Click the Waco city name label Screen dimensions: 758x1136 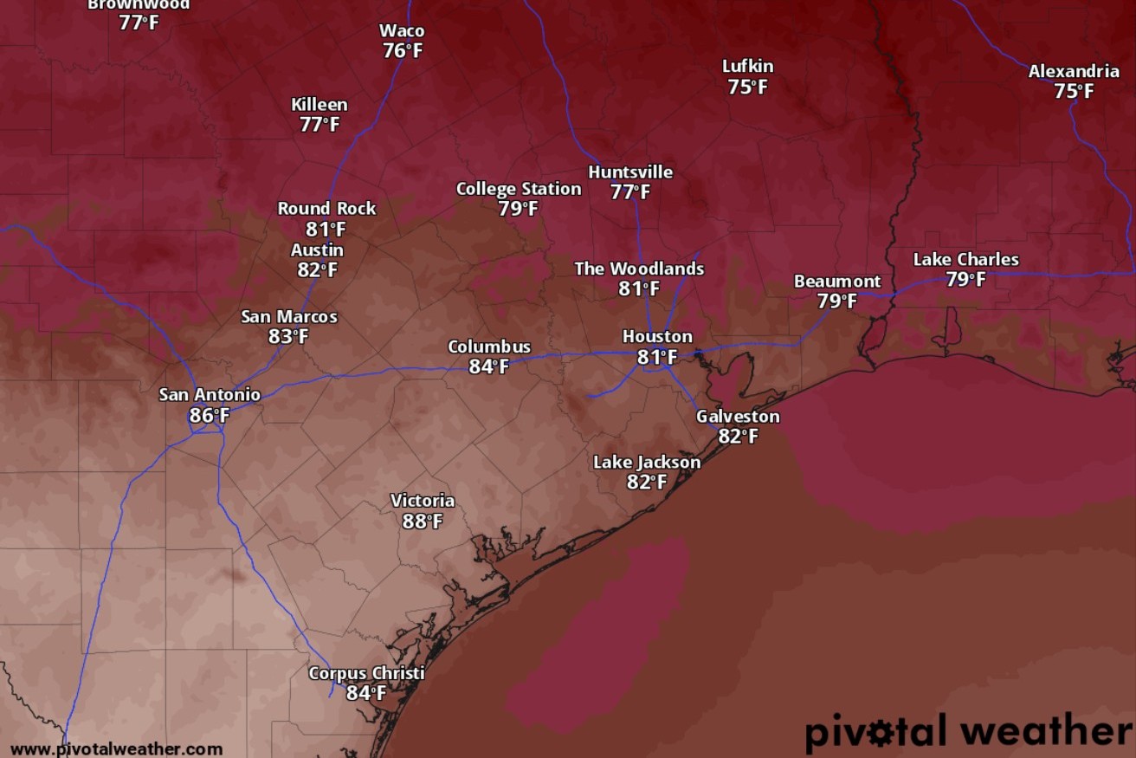(x=402, y=31)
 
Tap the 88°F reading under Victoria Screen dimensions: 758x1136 (x=423, y=522)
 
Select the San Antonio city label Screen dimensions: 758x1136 (x=210, y=395)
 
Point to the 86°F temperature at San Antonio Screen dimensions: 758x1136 (x=210, y=416)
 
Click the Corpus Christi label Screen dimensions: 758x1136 (x=367, y=673)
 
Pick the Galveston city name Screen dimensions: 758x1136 (x=738, y=417)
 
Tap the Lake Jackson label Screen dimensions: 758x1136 (x=647, y=463)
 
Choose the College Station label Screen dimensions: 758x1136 (x=519, y=189)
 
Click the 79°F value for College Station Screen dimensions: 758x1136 (x=519, y=209)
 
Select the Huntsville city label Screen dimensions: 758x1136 (x=630, y=172)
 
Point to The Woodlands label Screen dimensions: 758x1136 (x=639, y=269)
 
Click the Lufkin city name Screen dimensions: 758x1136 (x=748, y=67)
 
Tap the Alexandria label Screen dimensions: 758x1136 (x=1074, y=72)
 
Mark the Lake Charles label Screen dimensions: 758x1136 (x=966, y=259)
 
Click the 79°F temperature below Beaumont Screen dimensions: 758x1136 (x=837, y=301)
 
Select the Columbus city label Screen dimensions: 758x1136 (x=489, y=347)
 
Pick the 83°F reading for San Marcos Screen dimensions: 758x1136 (x=288, y=336)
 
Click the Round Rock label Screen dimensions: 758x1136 (x=326, y=209)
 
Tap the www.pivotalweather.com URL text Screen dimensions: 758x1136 (x=116, y=749)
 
